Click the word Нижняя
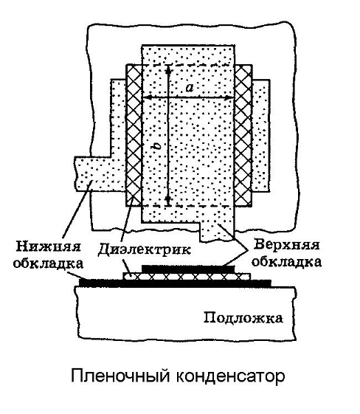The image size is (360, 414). coord(48,247)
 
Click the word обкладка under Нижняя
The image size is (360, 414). coord(48,263)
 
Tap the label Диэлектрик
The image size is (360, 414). coord(144,249)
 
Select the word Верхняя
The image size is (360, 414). coord(286,245)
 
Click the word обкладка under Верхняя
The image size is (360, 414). coord(287,262)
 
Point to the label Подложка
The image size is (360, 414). coord(243,317)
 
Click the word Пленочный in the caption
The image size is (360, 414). coord(120,376)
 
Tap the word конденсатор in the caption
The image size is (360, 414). coord(230,376)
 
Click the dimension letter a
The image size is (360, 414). coord(190,87)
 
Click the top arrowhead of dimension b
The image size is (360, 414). coord(168,69)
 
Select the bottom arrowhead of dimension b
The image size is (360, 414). coord(168,201)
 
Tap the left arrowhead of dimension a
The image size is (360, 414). coord(147,97)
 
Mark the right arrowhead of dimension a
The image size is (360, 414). coord(229,97)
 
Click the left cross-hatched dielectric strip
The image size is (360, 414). coord(134,136)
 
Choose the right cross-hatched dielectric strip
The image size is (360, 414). coord(243,136)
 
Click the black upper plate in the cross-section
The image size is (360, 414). coord(188,269)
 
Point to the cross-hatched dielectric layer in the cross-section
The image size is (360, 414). coord(187,277)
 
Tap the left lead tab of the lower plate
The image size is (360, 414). coord(100,173)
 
